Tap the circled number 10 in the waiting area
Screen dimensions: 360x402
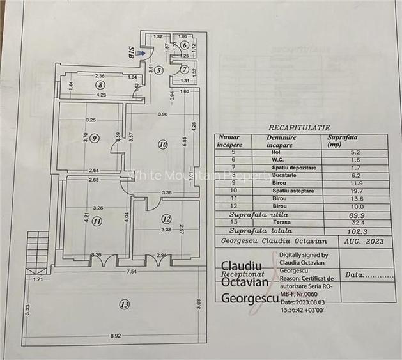tap(163, 145)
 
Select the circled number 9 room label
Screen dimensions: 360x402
tap(95, 137)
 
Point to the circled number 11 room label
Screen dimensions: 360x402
tap(97, 223)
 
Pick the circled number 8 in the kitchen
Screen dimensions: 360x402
tap(100, 84)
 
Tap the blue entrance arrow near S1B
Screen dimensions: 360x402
tap(140, 54)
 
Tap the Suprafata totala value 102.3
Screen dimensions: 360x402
tap(337, 231)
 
